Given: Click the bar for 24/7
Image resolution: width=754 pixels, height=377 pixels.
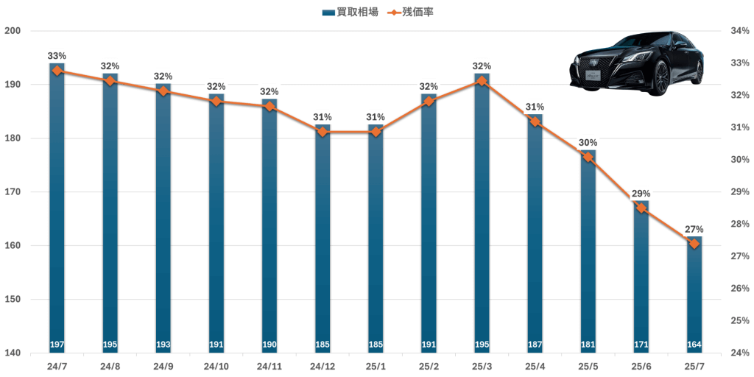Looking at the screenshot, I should (57, 221).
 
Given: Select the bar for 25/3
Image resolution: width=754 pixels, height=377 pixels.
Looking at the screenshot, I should (482, 221).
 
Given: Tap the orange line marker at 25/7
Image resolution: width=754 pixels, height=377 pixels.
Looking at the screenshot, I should (694, 244).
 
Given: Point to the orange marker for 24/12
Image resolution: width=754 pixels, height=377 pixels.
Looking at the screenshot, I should (322, 132).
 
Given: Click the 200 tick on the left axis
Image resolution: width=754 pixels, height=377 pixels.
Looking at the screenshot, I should (13, 31).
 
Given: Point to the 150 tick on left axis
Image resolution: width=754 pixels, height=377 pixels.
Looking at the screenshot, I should (13, 299).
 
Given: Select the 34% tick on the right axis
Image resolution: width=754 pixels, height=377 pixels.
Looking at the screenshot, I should (739, 31).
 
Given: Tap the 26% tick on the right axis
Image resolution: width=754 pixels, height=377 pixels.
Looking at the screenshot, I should (739, 289).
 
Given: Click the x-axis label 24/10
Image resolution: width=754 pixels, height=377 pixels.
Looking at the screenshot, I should (216, 365).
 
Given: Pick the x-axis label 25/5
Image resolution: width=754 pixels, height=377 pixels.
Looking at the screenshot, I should (588, 365).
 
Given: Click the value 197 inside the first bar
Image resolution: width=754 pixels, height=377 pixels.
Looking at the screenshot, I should (57, 345).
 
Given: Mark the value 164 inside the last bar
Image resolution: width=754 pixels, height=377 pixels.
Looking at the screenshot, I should (694, 345).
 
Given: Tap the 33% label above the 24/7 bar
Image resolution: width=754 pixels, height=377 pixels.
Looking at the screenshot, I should (57, 56).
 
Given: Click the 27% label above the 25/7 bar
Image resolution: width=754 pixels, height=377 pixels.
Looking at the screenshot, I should (694, 229).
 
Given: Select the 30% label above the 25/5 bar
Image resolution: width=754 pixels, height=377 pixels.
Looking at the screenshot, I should (588, 143).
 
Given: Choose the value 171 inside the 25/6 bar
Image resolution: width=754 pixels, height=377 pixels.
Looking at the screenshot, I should (641, 345).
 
